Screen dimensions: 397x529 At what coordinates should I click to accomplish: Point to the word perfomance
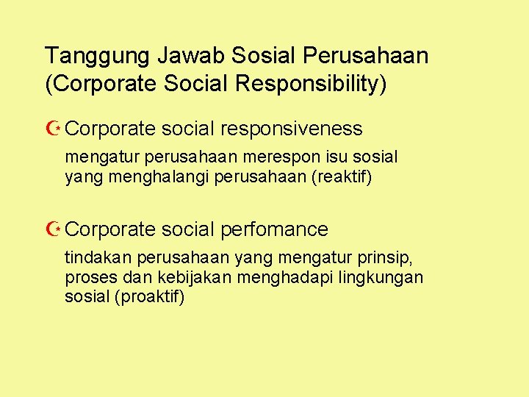(x=274, y=229)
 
